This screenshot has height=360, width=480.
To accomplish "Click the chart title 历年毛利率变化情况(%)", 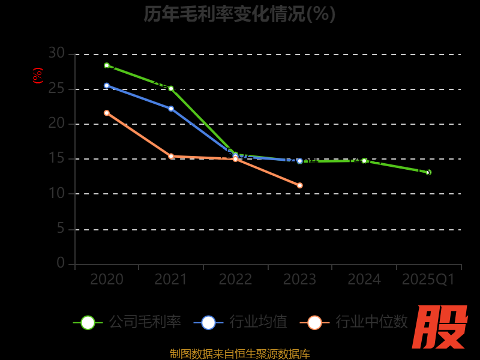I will tap(239, 13).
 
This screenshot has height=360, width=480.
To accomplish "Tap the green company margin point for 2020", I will tap(107, 65).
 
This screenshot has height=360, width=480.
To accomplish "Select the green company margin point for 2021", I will tap(171, 88).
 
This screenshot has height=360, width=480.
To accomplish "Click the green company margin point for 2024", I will tap(364, 161).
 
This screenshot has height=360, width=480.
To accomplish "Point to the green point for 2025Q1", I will tap(428, 172).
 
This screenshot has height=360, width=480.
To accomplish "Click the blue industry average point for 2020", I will tap(107, 86).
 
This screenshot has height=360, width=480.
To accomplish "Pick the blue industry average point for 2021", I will tap(171, 109).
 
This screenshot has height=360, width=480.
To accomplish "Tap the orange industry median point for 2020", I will tap(107, 113).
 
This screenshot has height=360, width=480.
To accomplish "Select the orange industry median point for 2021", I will tap(171, 156).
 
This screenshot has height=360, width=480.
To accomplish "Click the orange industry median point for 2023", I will tap(300, 185).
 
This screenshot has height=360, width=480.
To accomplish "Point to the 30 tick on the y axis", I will tap(56, 53).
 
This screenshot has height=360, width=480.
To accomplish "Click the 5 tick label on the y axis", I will tap(61, 229).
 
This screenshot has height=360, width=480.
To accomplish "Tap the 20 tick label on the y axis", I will tap(56, 124).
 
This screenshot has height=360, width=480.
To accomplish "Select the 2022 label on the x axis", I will tap(235, 280).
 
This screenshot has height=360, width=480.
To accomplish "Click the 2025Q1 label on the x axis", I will tap(428, 280).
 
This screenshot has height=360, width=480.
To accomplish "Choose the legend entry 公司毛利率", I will tap(127, 322).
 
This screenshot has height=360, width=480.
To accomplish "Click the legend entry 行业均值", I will tap(241, 322).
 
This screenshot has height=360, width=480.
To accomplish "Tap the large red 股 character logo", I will tap(440, 327).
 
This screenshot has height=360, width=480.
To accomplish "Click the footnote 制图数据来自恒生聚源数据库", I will tap(239, 353).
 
